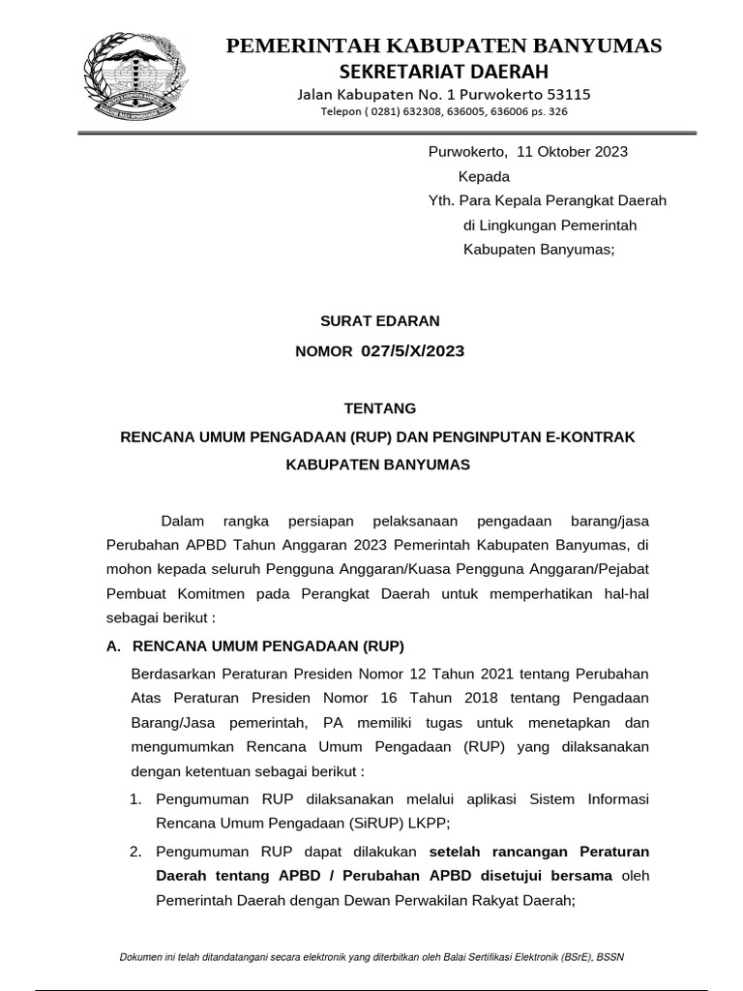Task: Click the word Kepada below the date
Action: pos(484,176)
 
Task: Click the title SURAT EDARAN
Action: pos(379,319)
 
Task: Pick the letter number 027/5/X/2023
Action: pos(412,350)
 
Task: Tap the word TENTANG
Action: pos(378,408)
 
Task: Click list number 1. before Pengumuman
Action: pos(136,798)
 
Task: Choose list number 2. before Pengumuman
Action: pos(136,851)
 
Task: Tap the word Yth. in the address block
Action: pos(441,200)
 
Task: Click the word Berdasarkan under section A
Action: pos(170,673)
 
